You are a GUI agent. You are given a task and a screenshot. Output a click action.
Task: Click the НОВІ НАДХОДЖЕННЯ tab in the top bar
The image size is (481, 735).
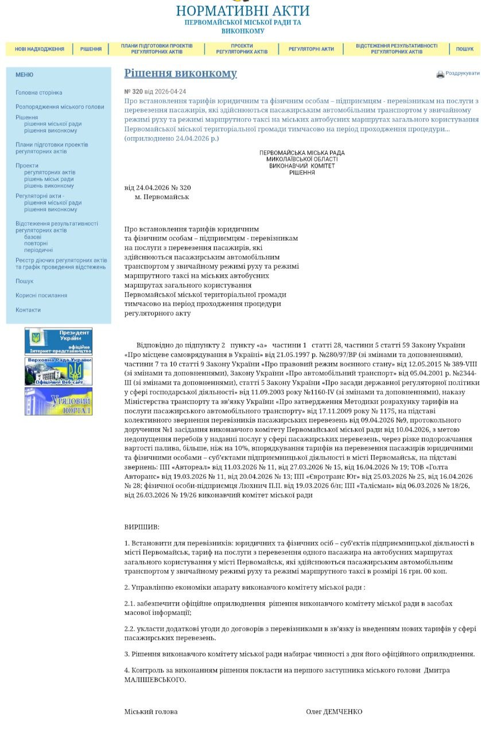tap(40, 49)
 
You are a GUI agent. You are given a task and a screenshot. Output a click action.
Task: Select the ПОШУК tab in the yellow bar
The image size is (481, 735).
tap(464, 49)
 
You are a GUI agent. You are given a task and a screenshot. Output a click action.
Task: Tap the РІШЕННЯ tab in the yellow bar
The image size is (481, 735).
tap(91, 49)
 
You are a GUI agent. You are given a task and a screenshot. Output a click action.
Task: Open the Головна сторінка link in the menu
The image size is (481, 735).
tap(38, 92)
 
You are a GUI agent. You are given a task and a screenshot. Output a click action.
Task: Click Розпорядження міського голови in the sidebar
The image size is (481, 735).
tap(60, 107)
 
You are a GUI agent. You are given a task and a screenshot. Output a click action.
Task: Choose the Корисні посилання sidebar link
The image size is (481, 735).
tap(41, 295)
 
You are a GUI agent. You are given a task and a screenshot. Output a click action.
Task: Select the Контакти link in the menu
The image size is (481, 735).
tap(28, 310)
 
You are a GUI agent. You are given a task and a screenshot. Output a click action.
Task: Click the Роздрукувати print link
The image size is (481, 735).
tap(462, 73)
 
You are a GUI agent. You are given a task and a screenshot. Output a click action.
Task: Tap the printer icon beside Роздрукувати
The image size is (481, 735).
tap(440, 74)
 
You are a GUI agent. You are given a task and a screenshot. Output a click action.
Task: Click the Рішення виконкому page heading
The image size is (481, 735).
tap(180, 73)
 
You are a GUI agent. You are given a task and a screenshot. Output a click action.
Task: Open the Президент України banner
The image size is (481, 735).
tap(59, 341)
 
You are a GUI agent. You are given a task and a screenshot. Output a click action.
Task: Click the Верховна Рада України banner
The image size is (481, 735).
tap(59, 371)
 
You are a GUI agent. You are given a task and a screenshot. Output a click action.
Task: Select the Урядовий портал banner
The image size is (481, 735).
tap(59, 401)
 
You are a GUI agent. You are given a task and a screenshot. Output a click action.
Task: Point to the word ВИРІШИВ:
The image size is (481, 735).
tap(142, 527)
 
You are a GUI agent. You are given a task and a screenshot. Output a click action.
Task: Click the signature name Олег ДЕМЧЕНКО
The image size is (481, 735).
tap(334, 711)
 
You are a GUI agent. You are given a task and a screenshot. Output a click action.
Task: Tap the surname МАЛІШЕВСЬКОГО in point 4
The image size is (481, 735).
tap(155, 679)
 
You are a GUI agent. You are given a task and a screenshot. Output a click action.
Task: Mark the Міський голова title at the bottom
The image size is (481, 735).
tap(151, 711)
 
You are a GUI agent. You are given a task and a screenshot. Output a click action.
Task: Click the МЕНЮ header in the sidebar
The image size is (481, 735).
tap(24, 75)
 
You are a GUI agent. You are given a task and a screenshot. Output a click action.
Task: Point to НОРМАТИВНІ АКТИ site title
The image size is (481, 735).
tap(242, 11)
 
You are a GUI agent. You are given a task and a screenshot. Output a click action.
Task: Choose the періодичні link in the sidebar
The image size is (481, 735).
tap(38, 250)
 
